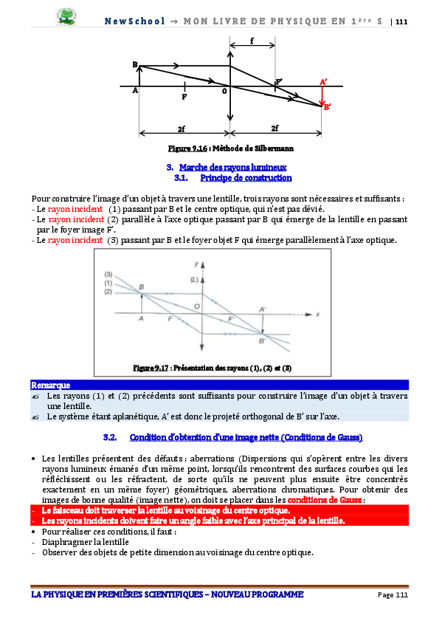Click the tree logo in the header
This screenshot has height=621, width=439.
(66, 17)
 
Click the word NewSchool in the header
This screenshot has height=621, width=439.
(134, 21)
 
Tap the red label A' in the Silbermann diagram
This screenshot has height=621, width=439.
(323, 82)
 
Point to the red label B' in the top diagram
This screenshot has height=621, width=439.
(327, 106)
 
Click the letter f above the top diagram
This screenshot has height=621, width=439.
(252, 41)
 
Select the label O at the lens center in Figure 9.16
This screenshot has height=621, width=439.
(224, 92)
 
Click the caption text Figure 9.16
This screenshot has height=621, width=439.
(187, 148)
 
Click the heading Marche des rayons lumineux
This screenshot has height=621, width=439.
(232, 168)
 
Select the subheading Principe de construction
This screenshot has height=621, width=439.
(246, 178)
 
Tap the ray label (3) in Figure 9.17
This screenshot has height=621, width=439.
(108, 275)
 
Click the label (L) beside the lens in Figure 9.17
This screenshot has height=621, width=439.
(194, 280)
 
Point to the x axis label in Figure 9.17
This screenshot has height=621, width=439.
(317, 315)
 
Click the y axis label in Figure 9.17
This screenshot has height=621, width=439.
(196, 264)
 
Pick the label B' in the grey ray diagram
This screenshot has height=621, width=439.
(263, 340)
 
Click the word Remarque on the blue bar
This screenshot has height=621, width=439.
(51, 385)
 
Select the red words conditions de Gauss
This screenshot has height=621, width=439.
(325, 500)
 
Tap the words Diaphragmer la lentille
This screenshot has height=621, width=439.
(86, 542)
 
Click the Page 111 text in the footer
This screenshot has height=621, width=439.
(393, 595)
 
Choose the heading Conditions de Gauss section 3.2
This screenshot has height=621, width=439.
(246, 437)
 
